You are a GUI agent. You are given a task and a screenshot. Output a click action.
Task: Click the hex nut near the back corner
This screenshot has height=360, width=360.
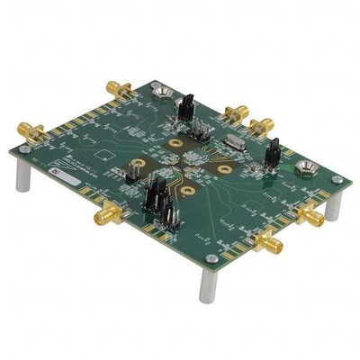(x=164, y=90)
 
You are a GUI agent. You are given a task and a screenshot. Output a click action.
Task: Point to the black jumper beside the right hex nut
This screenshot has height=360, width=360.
(x=272, y=154)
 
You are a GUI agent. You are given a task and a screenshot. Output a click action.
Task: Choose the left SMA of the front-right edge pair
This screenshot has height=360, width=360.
(x=268, y=241)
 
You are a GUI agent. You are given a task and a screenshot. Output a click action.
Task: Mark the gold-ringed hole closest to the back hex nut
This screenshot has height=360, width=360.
(x=171, y=143)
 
